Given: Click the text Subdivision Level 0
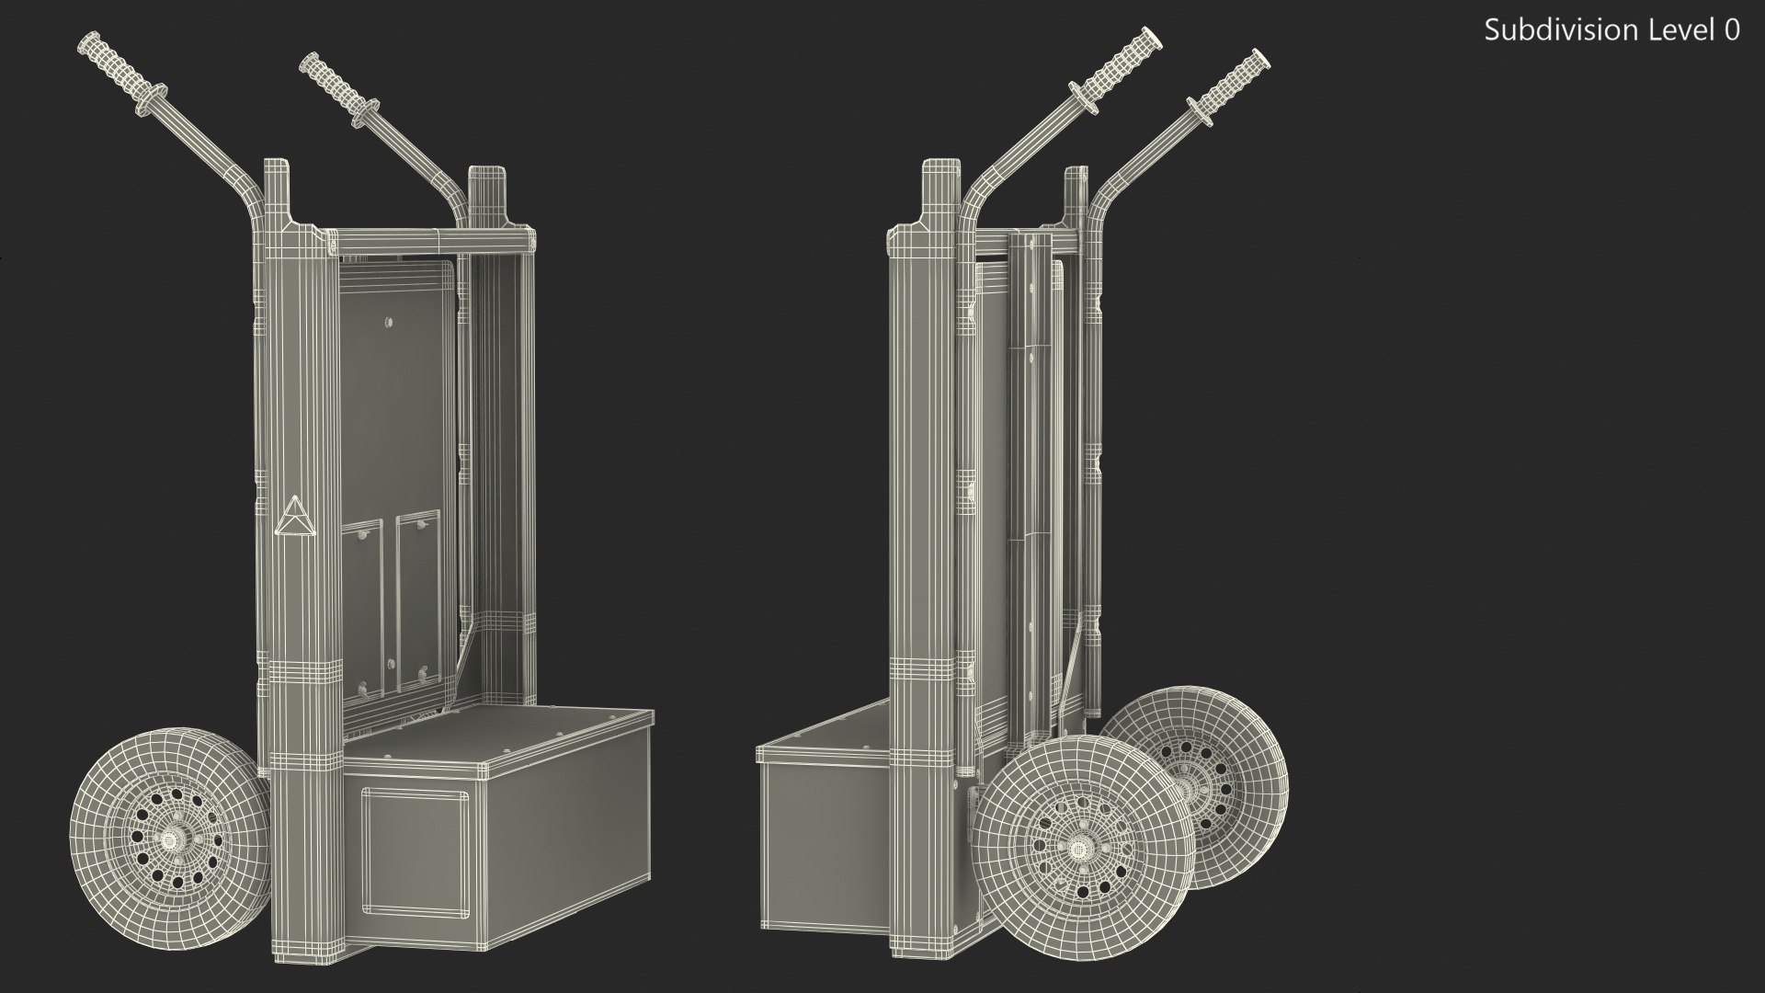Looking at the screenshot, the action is point(1611,30).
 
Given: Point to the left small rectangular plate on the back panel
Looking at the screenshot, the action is point(361,608).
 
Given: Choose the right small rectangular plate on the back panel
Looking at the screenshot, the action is point(418,602).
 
